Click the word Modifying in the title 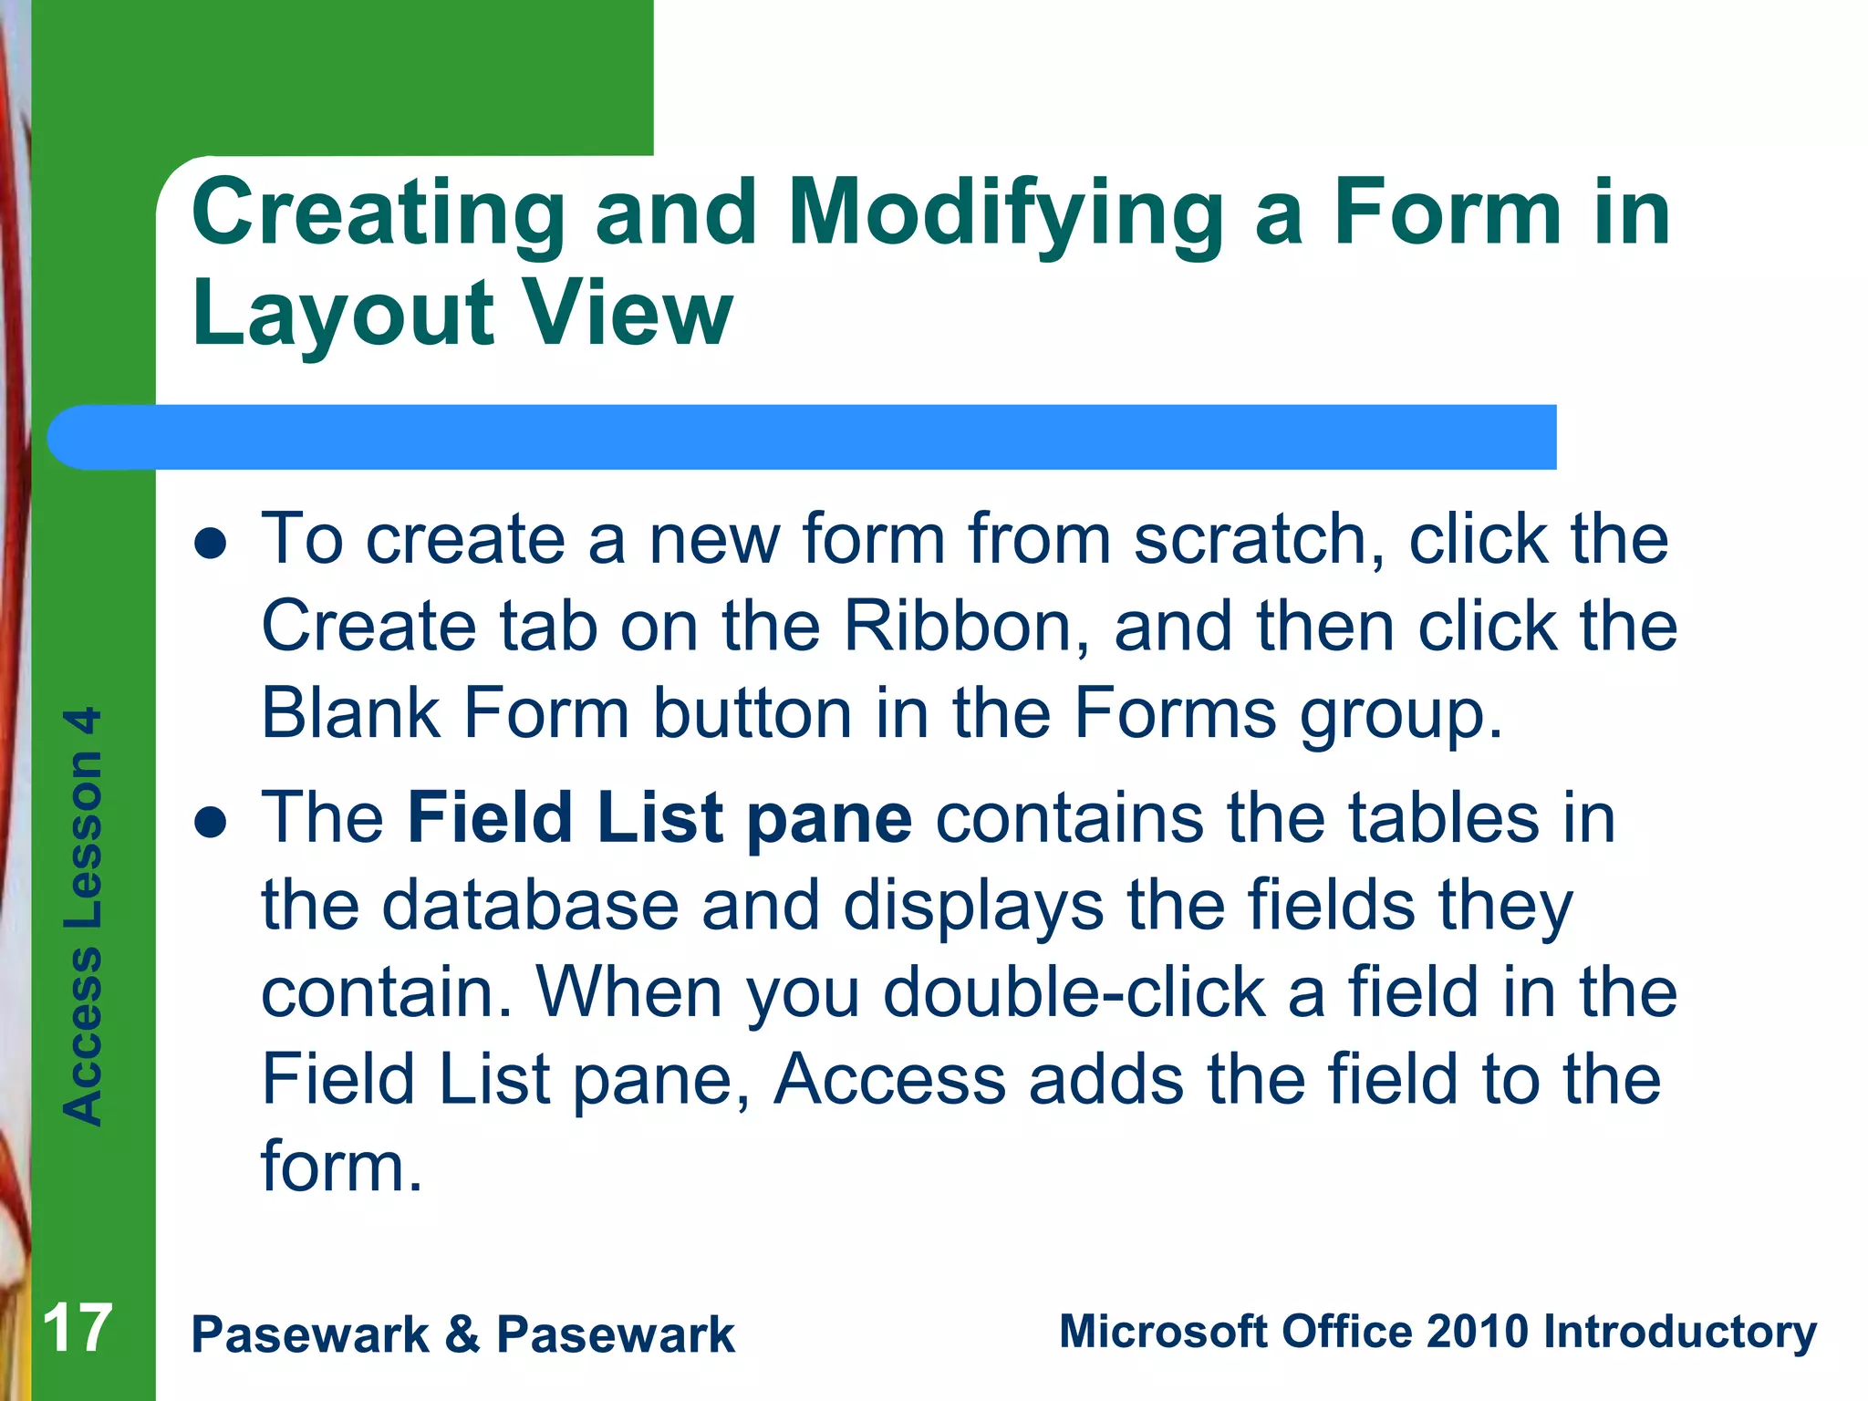[1005, 214]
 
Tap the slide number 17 [78, 1329]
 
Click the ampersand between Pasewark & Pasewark [462, 1334]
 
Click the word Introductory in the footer [1679, 1332]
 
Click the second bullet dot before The [211, 821]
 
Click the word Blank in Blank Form [351, 713]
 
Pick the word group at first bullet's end [1400, 715]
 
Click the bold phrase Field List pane [659, 818]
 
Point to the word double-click [1074, 992]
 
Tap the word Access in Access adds [888, 1080]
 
